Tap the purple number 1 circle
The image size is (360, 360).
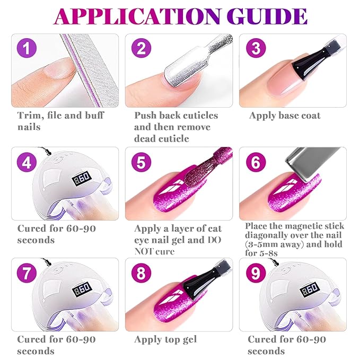click(27, 48)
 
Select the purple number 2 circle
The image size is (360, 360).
click(141, 48)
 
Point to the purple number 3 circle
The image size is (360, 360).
click(256, 48)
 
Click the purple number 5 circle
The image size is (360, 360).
click(141, 162)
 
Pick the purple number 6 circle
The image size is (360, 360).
click(256, 162)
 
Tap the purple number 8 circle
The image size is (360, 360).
click(141, 273)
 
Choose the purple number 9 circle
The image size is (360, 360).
click(256, 273)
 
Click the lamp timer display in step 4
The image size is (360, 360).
click(82, 178)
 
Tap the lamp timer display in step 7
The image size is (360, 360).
click(82, 289)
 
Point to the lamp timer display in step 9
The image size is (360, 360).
click(310, 289)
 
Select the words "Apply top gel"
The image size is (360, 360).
click(165, 339)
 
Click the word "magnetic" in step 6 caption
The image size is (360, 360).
click(301, 226)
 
